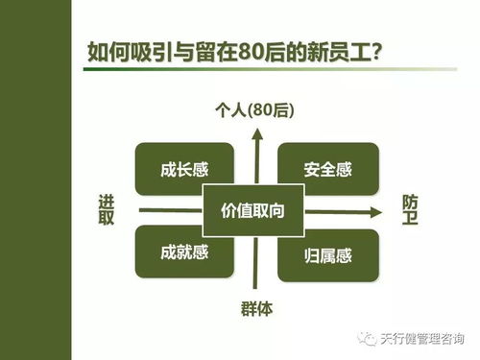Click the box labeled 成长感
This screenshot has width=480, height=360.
(183, 170)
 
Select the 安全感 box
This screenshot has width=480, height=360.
(327, 170)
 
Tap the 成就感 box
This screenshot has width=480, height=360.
(183, 253)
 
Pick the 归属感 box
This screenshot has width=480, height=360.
(327, 254)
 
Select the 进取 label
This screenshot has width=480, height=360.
(107, 210)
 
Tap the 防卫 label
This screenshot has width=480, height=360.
(410, 210)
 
